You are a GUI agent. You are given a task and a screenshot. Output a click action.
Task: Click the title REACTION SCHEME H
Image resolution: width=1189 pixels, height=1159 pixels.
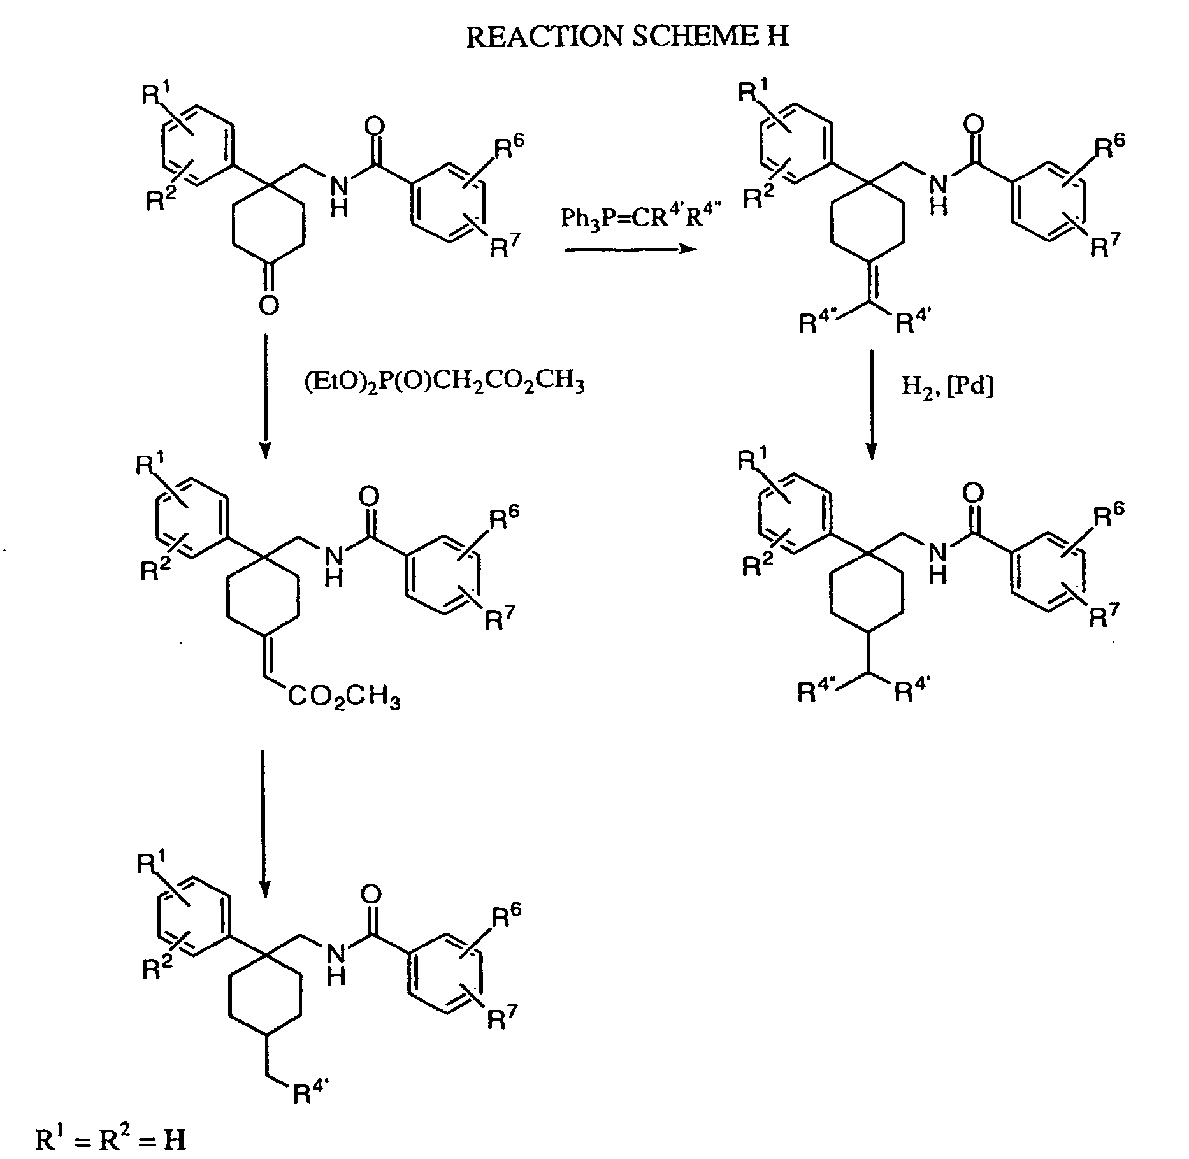coord(628,36)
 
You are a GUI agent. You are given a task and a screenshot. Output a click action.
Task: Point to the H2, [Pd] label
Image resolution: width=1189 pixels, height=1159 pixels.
coord(948,386)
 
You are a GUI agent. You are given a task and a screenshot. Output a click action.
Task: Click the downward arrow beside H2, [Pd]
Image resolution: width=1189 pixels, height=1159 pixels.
coord(872,405)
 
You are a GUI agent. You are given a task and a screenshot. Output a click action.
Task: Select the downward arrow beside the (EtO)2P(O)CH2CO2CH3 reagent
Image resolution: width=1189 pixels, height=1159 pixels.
coord(266,396)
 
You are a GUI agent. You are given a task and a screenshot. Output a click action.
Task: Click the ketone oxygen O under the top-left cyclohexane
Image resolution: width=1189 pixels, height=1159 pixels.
coord(269,306)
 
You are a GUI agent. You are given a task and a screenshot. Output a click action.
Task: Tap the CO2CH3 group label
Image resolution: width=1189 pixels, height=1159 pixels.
coord(344,698)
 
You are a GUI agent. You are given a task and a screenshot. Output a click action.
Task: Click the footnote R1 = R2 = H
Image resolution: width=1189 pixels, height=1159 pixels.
coord(111,1138)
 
